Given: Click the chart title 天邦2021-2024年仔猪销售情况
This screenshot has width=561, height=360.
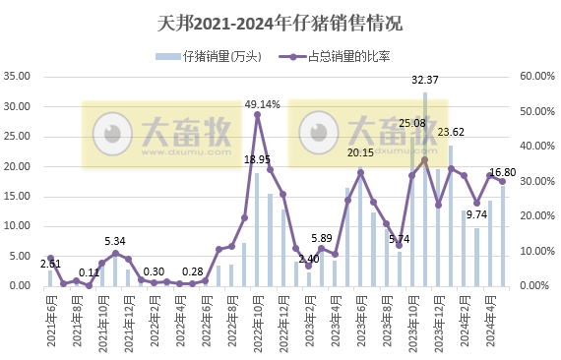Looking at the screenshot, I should coord(280,22).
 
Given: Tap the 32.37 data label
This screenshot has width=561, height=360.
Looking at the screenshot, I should coord(425,80).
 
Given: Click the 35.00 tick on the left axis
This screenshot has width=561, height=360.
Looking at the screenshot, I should coord(21,76).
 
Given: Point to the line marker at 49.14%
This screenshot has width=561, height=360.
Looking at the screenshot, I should coord(258,114).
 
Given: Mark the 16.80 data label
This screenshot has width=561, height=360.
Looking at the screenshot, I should coord(503,172).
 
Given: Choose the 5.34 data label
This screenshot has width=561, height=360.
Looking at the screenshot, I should coord(115,241).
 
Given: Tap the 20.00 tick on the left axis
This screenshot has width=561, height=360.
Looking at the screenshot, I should coord(21,166).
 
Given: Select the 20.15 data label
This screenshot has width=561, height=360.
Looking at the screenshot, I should coord(360,152).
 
